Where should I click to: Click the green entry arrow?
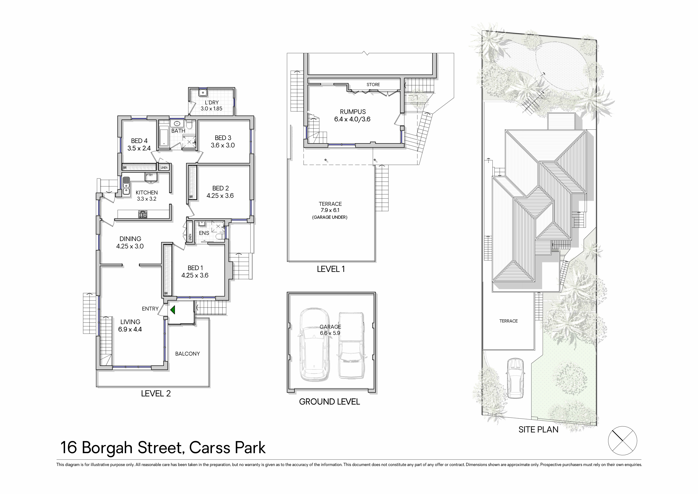[x=173, y=310]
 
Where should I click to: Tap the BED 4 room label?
[x=139, y=141]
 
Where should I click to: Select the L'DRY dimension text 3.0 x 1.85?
[x=211, y=108]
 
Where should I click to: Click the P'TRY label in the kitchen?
[x=149, y=175]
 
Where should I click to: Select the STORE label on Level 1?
[x=373, y=85]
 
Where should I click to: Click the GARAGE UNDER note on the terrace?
[x=330, y=217]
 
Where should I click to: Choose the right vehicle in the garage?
[x=351, y=345]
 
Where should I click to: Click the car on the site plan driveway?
[x=515, y=378]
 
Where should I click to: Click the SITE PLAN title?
[x=538, y=429]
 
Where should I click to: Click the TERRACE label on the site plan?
[x=508, y=321]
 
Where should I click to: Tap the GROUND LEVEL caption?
[x=330, y=401]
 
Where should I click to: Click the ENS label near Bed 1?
[x=204, y=233]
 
